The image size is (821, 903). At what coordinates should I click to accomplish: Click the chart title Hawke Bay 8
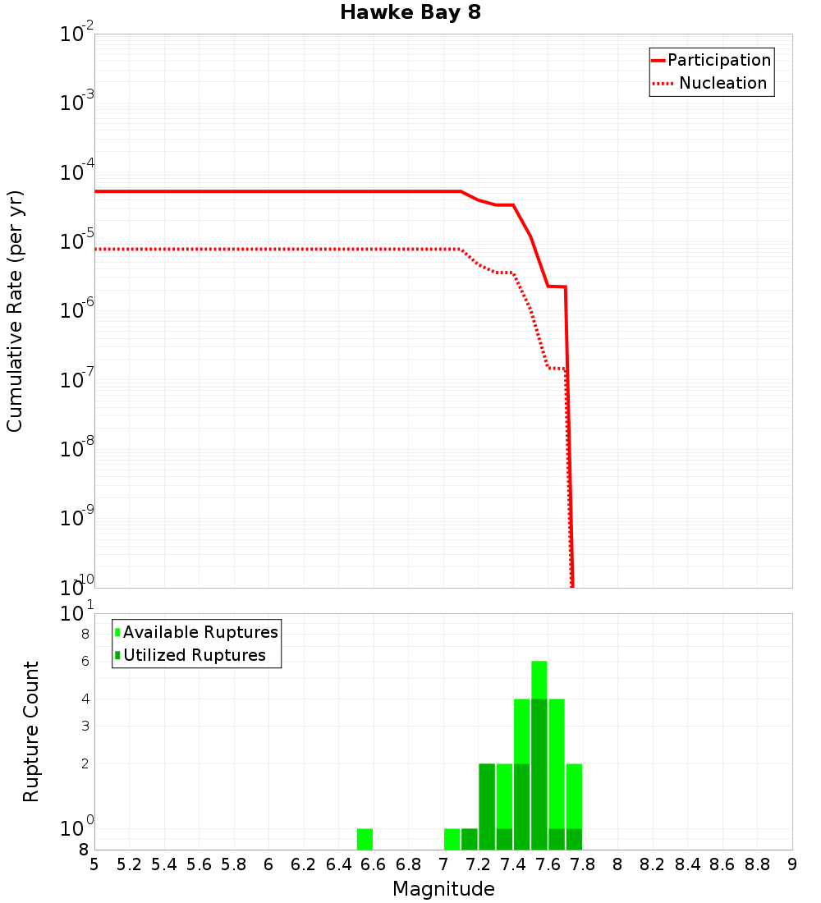pyautogui.click(x=410, y=13)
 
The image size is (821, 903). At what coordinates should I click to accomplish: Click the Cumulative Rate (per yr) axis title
pyautogui.click(x=15, y=310)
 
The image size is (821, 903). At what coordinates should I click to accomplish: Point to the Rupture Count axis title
pyautogui.click(x=31, y=731)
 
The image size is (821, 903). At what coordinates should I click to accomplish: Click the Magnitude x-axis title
pyautogui.click(x=443, y=889)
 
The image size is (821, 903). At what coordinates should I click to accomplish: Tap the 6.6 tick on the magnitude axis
pyautogui.click(x=374, y=864)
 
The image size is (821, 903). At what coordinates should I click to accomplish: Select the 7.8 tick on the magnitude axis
pyautogui.click(x=583, y=864)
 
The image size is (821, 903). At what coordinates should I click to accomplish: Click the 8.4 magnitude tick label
pyautogui.click(x=688, y=864)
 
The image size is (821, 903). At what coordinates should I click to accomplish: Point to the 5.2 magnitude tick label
pyautogui.click(x=129, y=864)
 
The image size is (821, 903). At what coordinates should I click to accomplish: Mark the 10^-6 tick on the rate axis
pyautogui.click(x=77, y=311)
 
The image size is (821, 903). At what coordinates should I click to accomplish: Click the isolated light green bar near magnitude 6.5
pyautogui.click(x=365, y=839)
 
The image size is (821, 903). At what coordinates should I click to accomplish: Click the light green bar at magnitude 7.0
pyautogui.click(x=452, y=839)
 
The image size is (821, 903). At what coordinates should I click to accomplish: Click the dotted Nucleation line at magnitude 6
pyautogui.click(x=268, y=249)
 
